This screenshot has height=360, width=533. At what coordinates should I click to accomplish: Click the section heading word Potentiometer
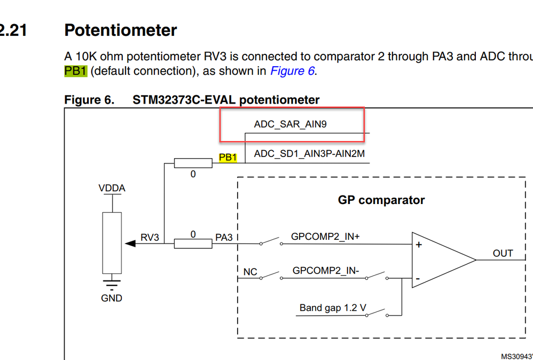[x=120, y=30]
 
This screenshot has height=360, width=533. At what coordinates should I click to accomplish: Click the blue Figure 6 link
[x=292, y=71]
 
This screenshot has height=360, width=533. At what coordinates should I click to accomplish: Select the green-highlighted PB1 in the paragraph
[x=75, y=71]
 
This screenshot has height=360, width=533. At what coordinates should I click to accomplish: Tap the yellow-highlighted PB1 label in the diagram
[x=228, y=158]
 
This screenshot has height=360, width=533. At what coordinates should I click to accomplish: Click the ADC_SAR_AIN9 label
[x=290, y=124]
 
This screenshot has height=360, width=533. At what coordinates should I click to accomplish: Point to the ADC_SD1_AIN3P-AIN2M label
[x=309, y=154]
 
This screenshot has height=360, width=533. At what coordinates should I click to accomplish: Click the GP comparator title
[x=381, y=200]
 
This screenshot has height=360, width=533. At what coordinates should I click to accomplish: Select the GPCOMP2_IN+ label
[x=325, y=236]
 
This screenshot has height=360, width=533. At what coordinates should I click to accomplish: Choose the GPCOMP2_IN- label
[x=326, y=271]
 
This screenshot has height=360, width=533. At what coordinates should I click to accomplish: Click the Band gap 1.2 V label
[x=333, y=308]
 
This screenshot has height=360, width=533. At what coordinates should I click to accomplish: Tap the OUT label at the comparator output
[x=503, y=253]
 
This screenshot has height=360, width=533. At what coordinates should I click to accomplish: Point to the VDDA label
[x=112, y=189]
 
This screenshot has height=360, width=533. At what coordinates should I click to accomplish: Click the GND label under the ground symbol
[x=112, y=298]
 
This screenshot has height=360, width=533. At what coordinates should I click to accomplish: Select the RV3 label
[x=150, y=237]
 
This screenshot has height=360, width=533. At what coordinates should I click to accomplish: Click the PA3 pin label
[x=224, y=237]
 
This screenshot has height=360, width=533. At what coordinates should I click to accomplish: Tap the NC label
[x=250, y=272]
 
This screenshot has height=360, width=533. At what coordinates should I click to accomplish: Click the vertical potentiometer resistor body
[x=112, y=243]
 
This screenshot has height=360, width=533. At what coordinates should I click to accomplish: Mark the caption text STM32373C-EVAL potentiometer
[x=226, y=100]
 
